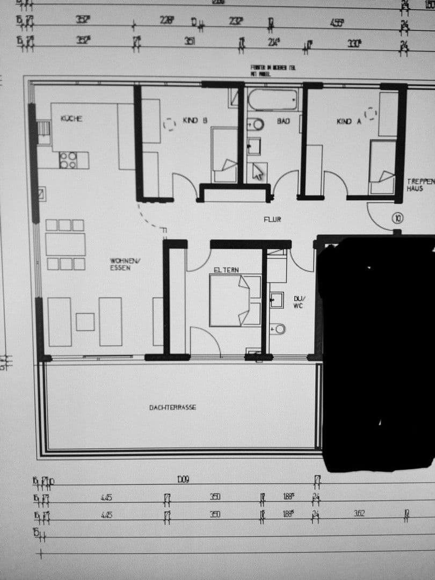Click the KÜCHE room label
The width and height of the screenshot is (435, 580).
(71, 119)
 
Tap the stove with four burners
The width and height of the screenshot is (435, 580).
(68, 160)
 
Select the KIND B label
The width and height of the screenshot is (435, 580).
(195, 121)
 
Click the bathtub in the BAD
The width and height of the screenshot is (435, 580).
(272, 99)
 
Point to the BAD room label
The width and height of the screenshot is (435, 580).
(283, 121)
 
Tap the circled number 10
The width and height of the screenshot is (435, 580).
(398, 218)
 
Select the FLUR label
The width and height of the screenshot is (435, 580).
(272, 220)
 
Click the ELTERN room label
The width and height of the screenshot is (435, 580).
(226, 270)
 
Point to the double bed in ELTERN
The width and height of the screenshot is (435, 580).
(235, 301)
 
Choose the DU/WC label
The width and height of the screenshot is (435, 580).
(298, 302)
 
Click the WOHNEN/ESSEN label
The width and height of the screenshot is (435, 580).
(120, 264)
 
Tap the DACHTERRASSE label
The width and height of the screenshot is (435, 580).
(172, 408)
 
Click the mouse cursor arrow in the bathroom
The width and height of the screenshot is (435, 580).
(258, 171)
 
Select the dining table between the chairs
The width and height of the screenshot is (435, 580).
(65, 244)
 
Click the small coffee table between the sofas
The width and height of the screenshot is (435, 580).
(85, 322)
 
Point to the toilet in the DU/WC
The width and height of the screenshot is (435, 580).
(278, 329)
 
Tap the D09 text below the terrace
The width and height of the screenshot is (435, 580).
(184, 479)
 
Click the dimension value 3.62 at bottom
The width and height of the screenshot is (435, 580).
(359, 514)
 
